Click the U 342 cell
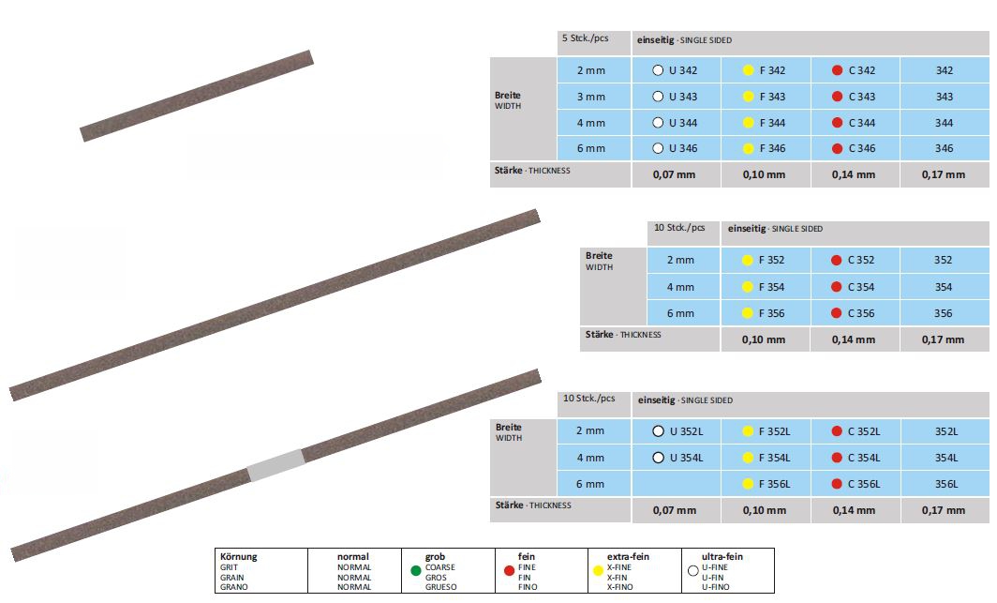[x=676, y=70]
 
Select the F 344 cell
[x=766, y=123]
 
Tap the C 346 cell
[x=856, y=148]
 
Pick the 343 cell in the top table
[x=945, y=97]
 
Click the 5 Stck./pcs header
[x=585, y=38]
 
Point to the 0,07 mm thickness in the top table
[x=674, y=174]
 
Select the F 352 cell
[x=766, y=260]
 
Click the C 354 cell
[x=855, y=287]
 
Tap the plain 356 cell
[x=944, y=313]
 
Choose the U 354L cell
[x=677, y=458]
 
